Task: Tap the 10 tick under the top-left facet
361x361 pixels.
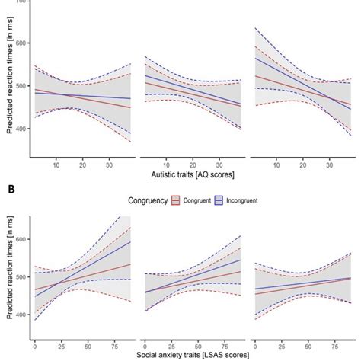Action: [56, 164]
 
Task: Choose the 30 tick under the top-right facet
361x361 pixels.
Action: [329, 164]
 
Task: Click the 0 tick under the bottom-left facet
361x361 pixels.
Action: [35, 343]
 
